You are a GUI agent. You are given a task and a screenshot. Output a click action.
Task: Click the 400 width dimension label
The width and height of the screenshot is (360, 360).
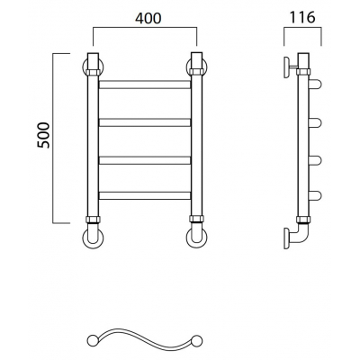[148, 18]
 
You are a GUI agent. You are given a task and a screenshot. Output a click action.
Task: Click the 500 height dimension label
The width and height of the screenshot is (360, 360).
[43, 135]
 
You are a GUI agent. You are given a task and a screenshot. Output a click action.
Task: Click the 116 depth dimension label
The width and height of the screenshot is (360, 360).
[302, 17]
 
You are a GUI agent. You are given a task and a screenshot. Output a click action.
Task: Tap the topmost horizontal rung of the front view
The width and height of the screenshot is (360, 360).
[145, 85]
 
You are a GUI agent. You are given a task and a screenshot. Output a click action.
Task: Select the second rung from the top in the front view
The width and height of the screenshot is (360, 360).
[145, 122]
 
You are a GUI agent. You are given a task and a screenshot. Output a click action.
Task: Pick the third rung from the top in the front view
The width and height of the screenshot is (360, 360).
[145, 160]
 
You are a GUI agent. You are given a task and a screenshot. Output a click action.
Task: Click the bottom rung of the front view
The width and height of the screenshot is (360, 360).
[145, 195]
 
